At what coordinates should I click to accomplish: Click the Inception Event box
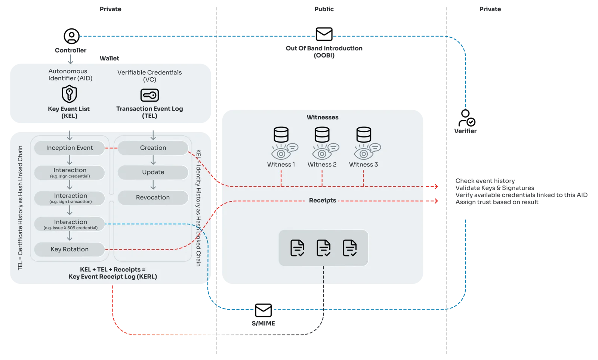click(70, 148)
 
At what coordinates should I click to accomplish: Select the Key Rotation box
click(70, 249)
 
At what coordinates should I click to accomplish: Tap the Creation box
click(153, 148)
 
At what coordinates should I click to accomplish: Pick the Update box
click(153, 172)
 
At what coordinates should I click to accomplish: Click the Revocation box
click(153, 198)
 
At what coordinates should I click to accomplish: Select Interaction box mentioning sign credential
click(70, 173)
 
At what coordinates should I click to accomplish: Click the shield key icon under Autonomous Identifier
click(69, 94)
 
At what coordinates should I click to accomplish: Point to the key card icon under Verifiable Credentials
click(149, 95)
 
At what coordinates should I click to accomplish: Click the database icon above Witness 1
click(281, 134)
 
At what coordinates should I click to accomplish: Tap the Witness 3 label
click(363, 165)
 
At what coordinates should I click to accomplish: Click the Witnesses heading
click(323, 117)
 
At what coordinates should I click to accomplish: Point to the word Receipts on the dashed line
click(323, 201)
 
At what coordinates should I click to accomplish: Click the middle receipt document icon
click(323, 248)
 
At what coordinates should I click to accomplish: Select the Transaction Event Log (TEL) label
click(149, 112)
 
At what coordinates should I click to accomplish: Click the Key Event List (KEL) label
click(69, 112)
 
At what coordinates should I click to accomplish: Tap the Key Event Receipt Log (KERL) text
click(112, 277)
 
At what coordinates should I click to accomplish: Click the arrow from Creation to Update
click(153, 160)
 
